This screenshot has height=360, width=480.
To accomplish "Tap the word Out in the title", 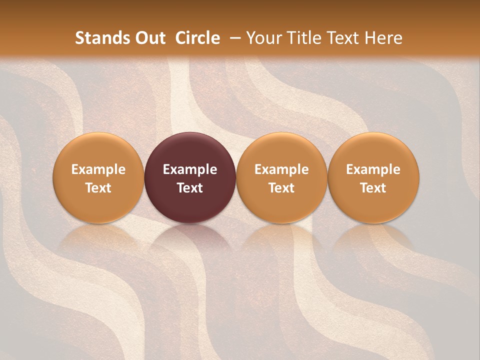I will pyautogui.click(x=149, y=38).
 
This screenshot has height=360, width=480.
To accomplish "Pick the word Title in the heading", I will pyautogui.click(x=303, y=38).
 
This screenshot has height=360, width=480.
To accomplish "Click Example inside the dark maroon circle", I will pyautogui.click(x=190, y=169).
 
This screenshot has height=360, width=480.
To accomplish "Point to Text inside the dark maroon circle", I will pyautogui.click(x=190, y=188).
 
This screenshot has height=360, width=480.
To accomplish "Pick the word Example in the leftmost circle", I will pyautogui.click(x=98, y=169).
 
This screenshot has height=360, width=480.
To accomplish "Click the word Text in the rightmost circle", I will pyautogui.click(x=373, y=188).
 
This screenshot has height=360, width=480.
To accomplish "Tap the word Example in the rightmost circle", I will pyautogui.click(x=373, y=169).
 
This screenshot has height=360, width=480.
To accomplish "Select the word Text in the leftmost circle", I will pyautogui.click(x=98, y=188).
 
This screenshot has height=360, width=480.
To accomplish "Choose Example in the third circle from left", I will pyautogui.click(x=281, y=169).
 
